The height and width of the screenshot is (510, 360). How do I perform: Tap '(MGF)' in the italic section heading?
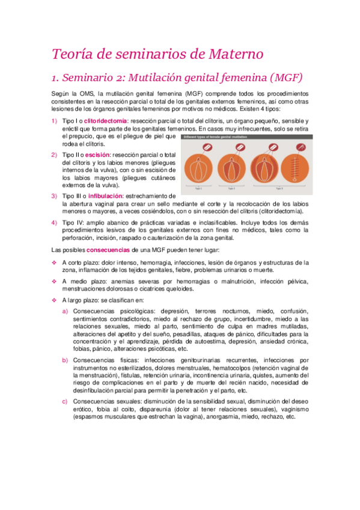click(x=282, y=78)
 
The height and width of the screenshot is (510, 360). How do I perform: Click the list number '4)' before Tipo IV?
click(x=55, y=223)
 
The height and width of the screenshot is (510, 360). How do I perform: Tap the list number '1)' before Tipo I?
click(x=55, y=121)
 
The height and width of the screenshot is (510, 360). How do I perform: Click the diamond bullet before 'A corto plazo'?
click(x=55, y=262)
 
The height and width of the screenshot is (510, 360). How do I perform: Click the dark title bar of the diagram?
click(x=246, y=137)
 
